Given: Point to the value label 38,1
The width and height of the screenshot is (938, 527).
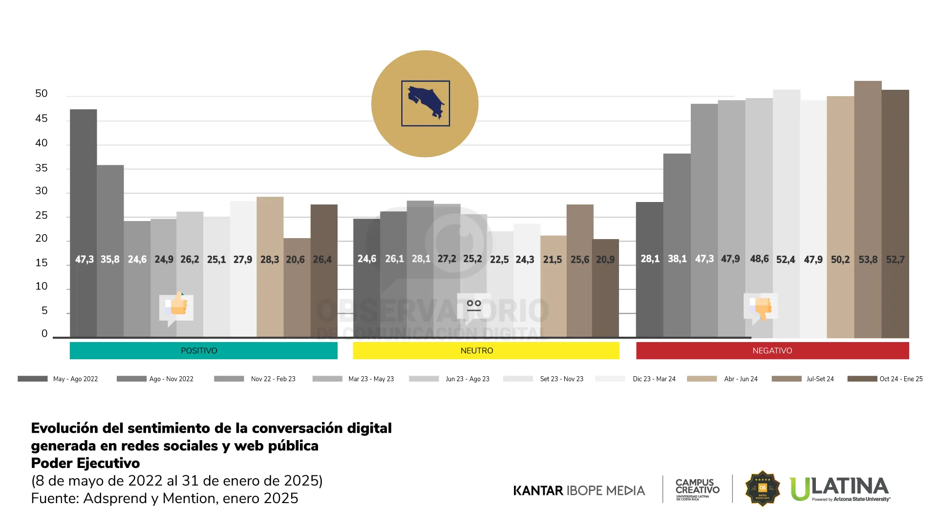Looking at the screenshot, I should (677, 259).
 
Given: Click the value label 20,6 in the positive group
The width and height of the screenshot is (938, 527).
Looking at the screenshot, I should (295, 260).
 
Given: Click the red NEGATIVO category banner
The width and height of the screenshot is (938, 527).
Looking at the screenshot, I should (772, 350).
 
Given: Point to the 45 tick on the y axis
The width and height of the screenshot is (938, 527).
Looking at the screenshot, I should (42, 119).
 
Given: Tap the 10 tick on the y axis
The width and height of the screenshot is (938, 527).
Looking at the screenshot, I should (42, 286).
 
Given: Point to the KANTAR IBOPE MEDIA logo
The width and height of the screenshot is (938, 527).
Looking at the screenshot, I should (579, 490).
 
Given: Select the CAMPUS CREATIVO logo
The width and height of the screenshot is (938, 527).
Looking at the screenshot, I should (697, 489).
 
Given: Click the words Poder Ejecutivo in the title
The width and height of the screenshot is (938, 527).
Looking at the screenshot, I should (85, 463).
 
